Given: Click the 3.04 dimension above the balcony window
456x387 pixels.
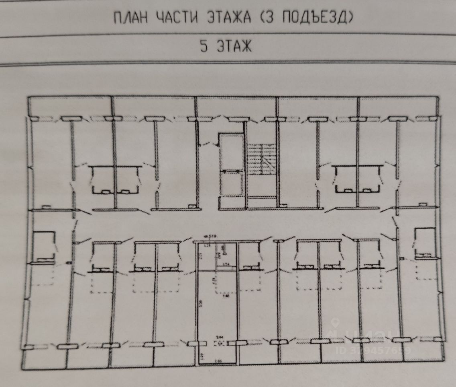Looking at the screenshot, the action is [219, 337].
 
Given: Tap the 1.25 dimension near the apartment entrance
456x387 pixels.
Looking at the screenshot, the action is [208, 245].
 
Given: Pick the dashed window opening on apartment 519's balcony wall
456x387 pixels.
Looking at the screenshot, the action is [219, 343].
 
